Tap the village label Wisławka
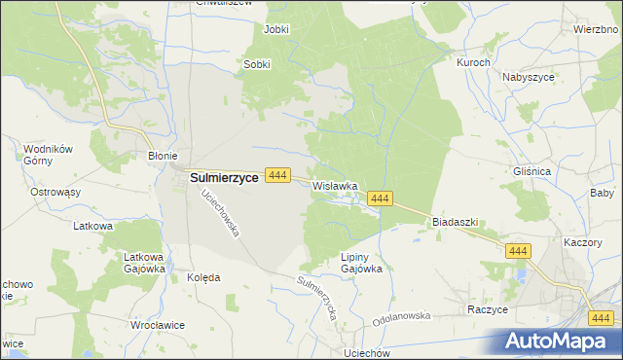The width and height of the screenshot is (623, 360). [x=336, y=185]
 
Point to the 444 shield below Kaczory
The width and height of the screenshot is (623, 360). [x=518, y=251]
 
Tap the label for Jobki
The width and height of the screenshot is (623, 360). [x=276, y=29]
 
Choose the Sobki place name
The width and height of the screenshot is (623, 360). [x=256, y=65]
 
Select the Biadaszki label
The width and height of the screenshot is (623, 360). [x=455, y=222]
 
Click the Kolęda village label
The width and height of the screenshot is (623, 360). [x=203, y=277]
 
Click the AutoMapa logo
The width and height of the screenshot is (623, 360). [x=560, y=341]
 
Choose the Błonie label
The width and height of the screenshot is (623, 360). [x=162, y=156]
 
